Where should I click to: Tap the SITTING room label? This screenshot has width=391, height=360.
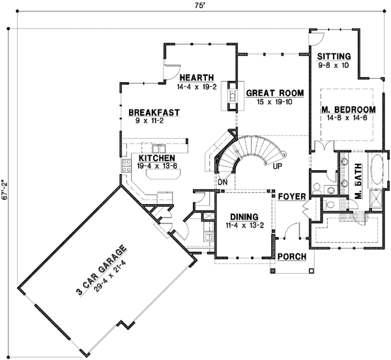point(334,56)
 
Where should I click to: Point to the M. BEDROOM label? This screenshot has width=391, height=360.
point(348,109)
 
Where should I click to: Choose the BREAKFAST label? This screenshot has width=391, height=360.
point(154,112)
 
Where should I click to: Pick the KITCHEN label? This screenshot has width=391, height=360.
point(155,158)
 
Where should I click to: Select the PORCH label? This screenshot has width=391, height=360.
point(291,256)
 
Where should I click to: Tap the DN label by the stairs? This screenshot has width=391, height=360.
point(222,182)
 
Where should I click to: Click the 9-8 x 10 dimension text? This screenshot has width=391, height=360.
point(334,65)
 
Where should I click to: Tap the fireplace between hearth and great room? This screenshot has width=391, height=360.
point(231,96)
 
